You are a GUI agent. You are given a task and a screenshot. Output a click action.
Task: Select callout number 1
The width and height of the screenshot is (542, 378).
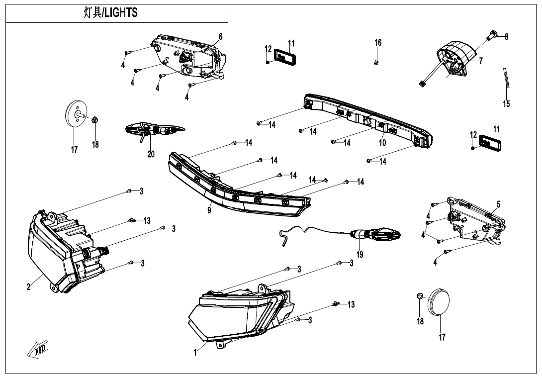pos(195,353)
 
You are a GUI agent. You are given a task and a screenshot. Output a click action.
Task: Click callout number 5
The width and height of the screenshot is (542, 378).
pos(498,204)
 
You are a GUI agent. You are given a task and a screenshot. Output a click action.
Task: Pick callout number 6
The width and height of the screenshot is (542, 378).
pos(220,36)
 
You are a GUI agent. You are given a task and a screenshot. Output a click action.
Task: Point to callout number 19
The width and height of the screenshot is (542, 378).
pos(360,255)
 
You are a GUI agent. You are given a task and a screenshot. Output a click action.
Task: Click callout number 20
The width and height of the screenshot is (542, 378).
pos(151,155)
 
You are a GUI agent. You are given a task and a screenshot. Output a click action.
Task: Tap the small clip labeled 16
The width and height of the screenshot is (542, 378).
pos(376,63)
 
